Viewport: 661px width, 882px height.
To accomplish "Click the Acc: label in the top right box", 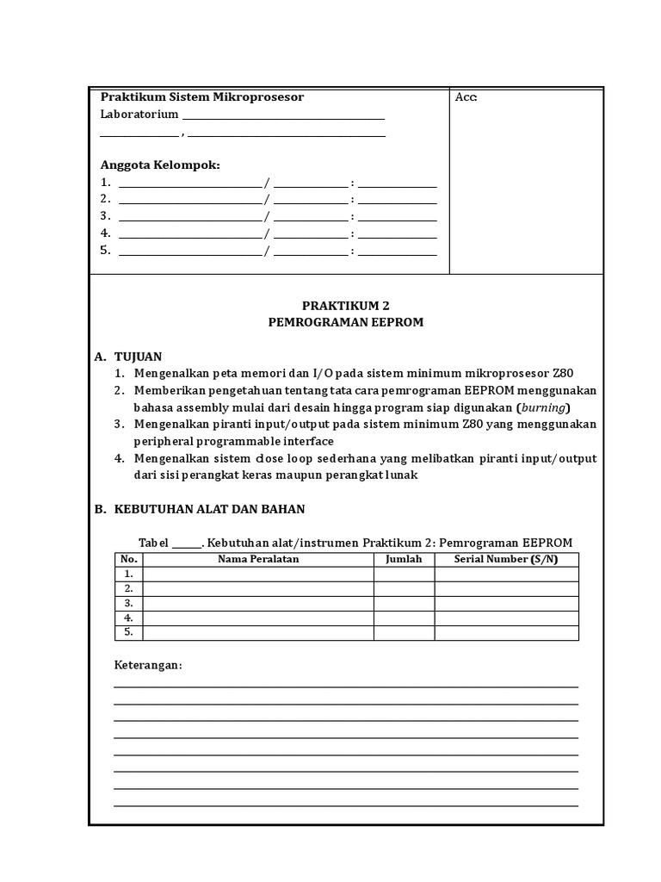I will coord(466,97).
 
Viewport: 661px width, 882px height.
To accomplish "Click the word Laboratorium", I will coord(139,114).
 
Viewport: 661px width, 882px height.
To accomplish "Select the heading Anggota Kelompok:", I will coord(160,165).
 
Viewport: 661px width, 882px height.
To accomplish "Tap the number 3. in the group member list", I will coord(106,215).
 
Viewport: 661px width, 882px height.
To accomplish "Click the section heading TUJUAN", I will coord(138,356).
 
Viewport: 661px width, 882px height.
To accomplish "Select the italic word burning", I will coord(544,407).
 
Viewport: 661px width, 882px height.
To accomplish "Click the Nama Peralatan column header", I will coord(258,559).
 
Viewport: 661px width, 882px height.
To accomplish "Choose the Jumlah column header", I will coord(404,559).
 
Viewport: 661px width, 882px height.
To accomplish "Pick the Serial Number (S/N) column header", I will coord(506,559).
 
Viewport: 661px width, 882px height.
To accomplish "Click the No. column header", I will coord(129,559).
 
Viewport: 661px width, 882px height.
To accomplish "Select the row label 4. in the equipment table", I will coord(129,618).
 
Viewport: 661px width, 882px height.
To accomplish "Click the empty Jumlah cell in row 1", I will coord(404,574).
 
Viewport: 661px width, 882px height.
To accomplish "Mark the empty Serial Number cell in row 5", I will coord(506,632).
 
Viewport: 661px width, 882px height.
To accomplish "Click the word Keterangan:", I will coord(149,666).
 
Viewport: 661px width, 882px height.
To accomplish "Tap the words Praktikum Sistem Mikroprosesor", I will coord(202,96).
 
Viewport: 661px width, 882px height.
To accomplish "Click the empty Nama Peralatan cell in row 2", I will coord(258,588).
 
